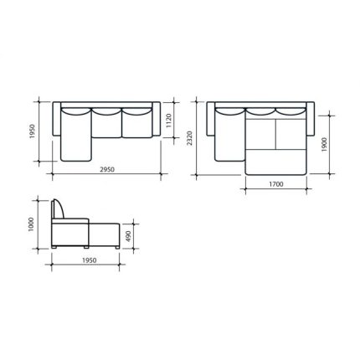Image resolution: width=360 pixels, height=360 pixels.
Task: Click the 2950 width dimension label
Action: click(x=107, y=169)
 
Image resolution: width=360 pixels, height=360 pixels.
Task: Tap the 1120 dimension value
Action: click(x=169, y=121)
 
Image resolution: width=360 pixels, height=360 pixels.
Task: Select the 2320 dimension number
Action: click(x=189, y=138)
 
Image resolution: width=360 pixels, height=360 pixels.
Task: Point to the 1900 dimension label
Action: click(x=324, y=144)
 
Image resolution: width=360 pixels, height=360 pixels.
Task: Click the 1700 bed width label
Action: click(x=276, y=184)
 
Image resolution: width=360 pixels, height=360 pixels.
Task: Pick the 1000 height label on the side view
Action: click(x=31, y=224)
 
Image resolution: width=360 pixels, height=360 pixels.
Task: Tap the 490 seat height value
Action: click(x=128, y=236)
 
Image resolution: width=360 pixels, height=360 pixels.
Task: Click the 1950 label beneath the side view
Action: click(x=90, y=260)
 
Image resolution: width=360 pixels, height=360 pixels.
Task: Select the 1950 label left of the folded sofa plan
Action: click(x=33, y=131)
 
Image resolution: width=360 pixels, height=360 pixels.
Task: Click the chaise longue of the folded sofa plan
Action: click(x=76, y=135)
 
